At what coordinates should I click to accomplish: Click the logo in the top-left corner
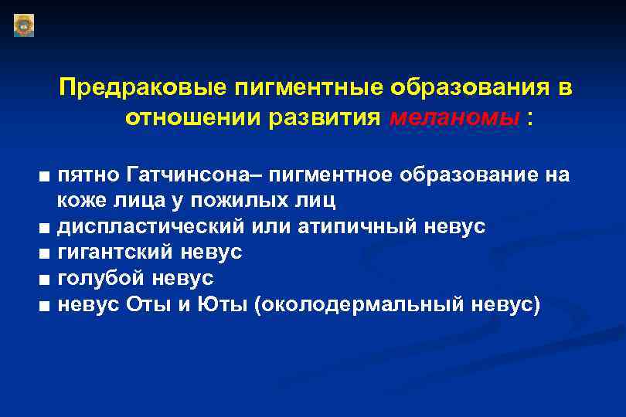coord(24,25)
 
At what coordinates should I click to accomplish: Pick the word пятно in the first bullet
coord(84,175)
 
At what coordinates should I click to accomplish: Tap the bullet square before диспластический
coord(49,228)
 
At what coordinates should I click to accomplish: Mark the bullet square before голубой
coord(49,279)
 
